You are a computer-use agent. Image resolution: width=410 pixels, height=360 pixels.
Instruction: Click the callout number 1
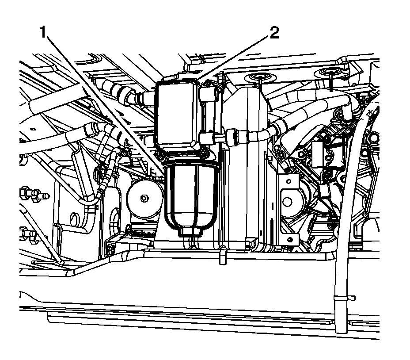[43, 33]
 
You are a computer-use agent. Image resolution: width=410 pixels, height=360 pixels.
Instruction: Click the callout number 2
[274, 33]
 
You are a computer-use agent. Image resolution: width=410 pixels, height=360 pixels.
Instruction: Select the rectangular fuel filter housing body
[176, 115]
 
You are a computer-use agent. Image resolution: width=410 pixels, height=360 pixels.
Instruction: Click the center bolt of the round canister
[143, 198]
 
